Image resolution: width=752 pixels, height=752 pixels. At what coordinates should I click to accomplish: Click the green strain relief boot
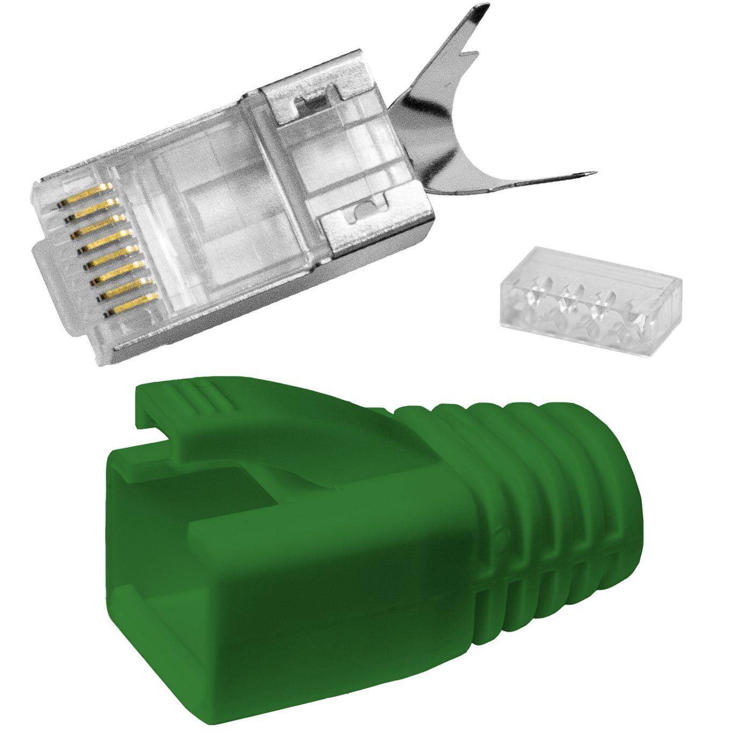click(x=376, y=537)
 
